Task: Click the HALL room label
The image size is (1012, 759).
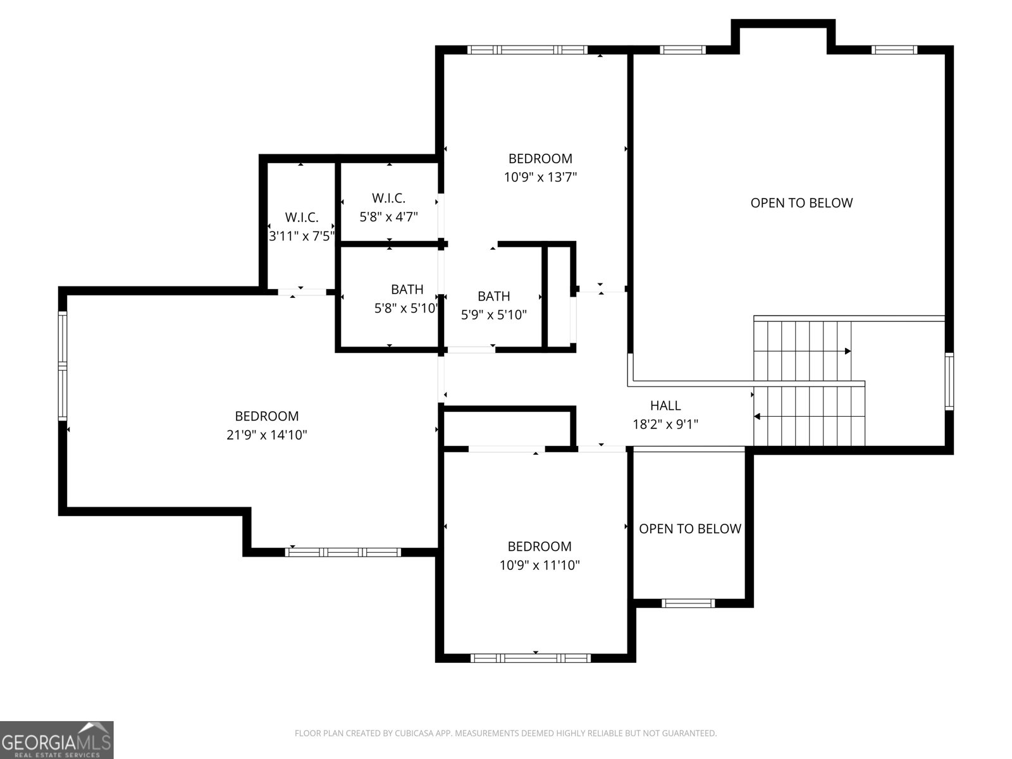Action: tap(665, 405)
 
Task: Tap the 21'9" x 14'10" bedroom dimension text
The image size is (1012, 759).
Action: tap(266, 435)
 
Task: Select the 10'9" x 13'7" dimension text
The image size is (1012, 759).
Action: tap(540, 177)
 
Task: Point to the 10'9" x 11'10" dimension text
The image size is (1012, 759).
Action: tap(540, 565)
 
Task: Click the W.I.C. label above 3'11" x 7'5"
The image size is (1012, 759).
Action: tap(302, 217)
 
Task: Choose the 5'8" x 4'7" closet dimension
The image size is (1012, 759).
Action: tap(388, 216)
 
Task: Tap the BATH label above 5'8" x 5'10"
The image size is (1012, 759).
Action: tap(407, 290)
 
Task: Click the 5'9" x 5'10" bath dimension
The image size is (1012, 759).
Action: tap(494, 315)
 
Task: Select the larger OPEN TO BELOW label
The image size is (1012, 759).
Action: tap(801, 203)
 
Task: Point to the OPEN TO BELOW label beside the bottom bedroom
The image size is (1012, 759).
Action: tap(689, 529)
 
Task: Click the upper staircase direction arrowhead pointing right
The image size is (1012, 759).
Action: tap(848, 351)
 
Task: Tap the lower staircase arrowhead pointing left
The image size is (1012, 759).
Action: tap(757, 417)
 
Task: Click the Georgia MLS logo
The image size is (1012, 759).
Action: tap(57, 740)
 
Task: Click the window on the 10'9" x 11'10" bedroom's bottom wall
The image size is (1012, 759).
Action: tap(530, 658)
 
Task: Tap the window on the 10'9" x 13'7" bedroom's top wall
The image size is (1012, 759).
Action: tap(528, 50)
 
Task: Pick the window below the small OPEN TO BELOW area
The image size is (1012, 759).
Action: tap(688, 603)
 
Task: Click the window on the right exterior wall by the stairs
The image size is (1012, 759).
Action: tap(949, 381)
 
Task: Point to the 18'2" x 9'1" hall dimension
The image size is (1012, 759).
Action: tap(665, 424)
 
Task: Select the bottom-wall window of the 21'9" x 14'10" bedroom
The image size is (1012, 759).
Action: tap(343, 552)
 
